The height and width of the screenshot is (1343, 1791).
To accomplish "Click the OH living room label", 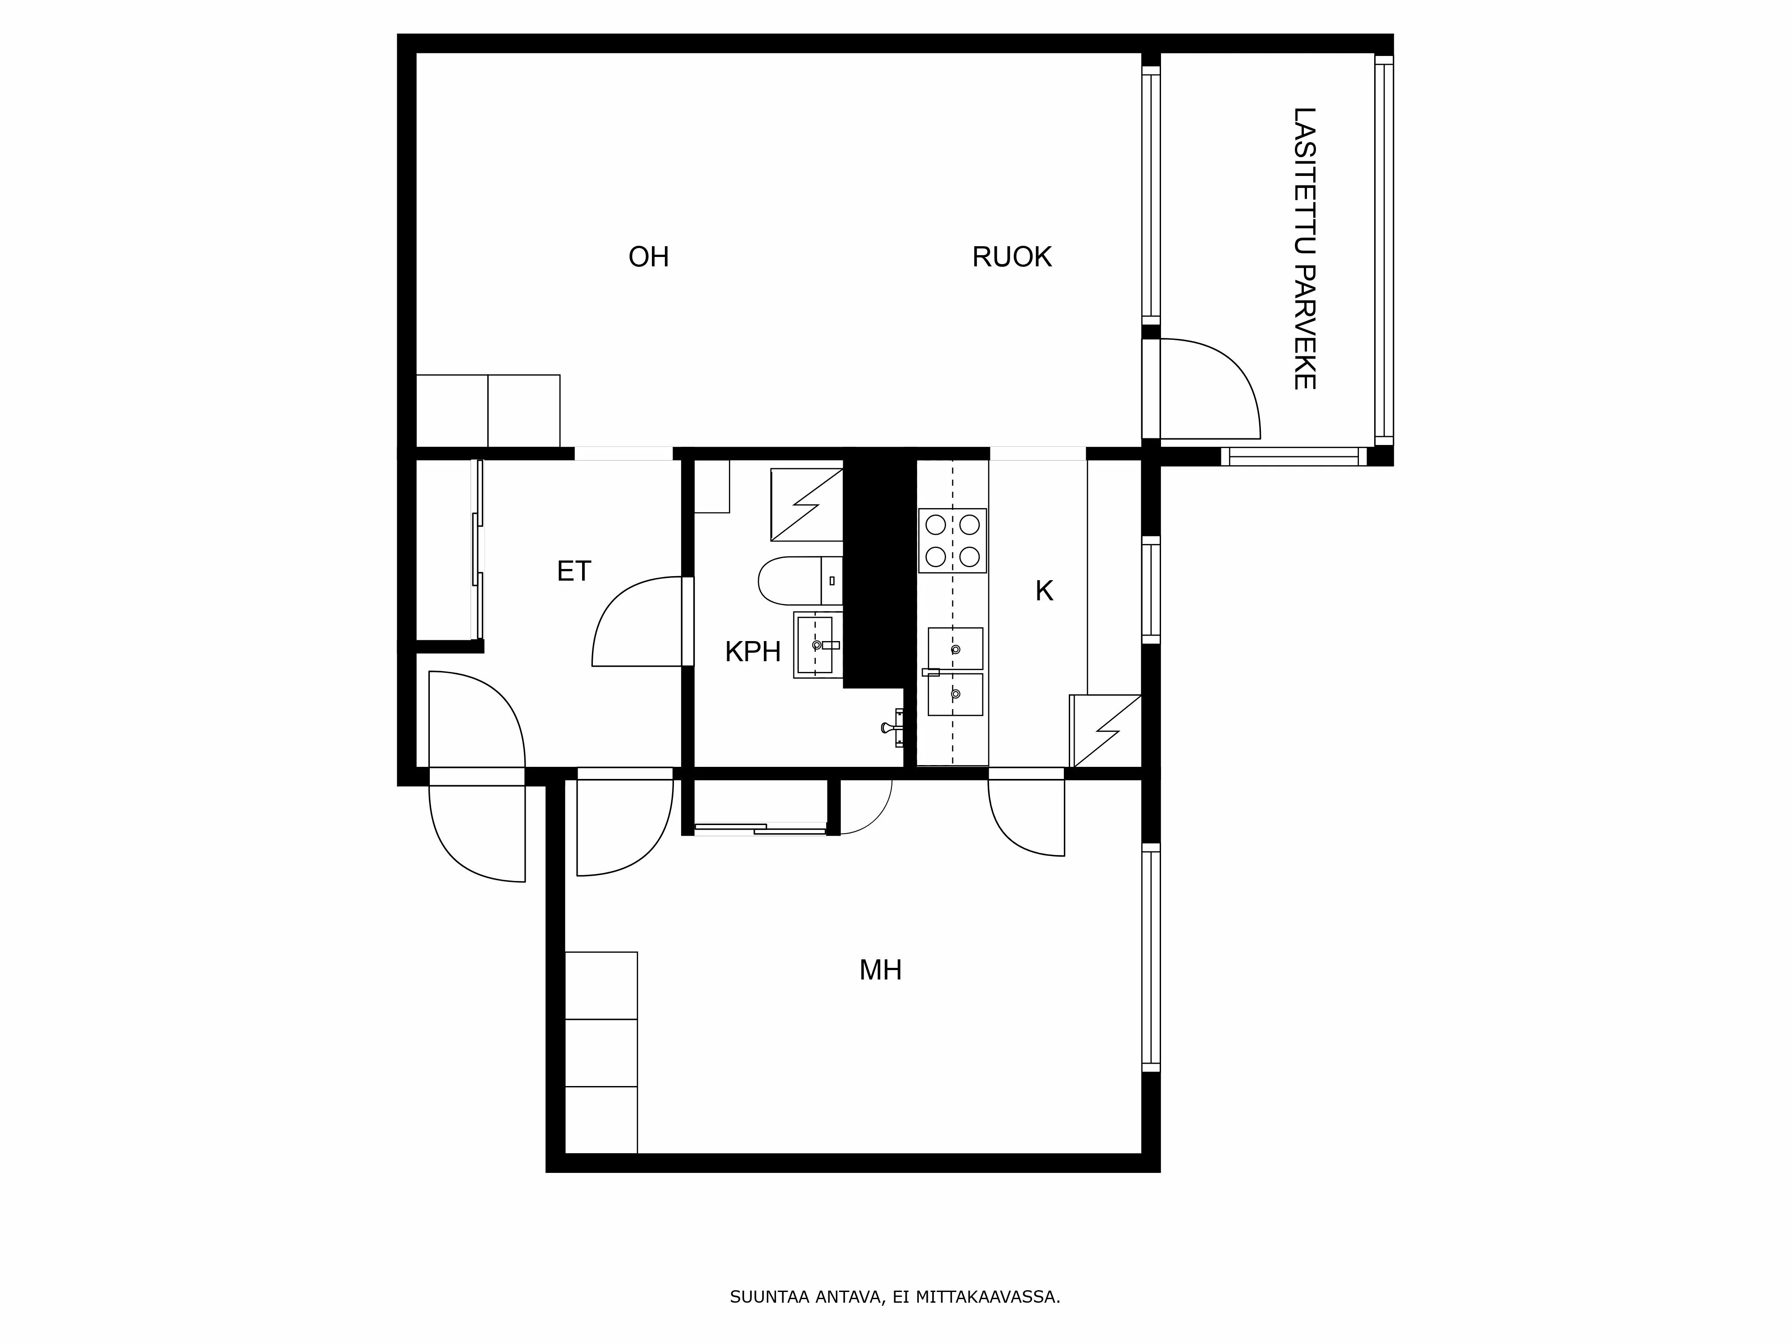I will pyautogui.click(x=648, y=257).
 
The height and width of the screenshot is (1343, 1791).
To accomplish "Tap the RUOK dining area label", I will pyautogui.click(x=1011, y=257).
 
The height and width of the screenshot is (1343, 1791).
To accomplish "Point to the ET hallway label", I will pyautogui.click(x=574, y=572).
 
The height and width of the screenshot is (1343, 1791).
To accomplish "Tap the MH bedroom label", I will pyautogui.click(x=880, y=970).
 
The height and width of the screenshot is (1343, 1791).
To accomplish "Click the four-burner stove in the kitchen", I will pyautogui.click(x=952, y=541).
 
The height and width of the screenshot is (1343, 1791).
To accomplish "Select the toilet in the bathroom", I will pyautogui.click(x=797, y=581).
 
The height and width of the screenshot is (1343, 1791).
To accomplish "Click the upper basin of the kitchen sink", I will pyautogui.click(x=955, y=648).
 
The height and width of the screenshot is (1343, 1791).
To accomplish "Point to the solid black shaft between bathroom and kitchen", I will pyautogui.click(x=878, y=567).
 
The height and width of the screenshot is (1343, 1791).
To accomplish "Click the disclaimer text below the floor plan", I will pyautogui.click(x=895, y=1252).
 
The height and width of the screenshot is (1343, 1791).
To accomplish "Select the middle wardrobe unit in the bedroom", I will pyautogui.click(x=601, y=1052).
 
